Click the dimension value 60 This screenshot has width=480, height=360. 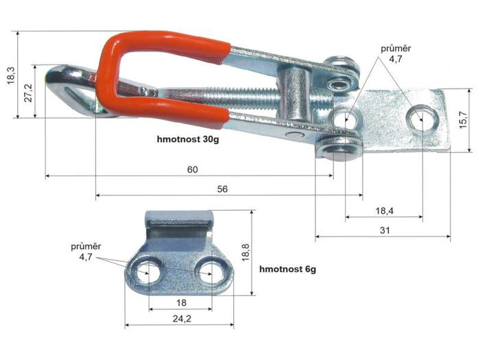pos(193,169)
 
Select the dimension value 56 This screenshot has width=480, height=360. pos(223,189)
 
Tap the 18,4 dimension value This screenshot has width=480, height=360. pos(385,211)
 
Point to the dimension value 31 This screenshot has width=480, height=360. pos(385,230)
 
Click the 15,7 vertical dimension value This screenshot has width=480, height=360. pos(464,120)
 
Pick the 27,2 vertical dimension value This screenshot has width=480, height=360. pos(28,93)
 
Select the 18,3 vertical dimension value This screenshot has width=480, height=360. pos(11,75)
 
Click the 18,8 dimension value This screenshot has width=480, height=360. pos(245,252)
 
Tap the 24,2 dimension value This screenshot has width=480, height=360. pos(182,319)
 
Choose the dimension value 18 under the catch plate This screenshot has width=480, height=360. pos(181,303)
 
